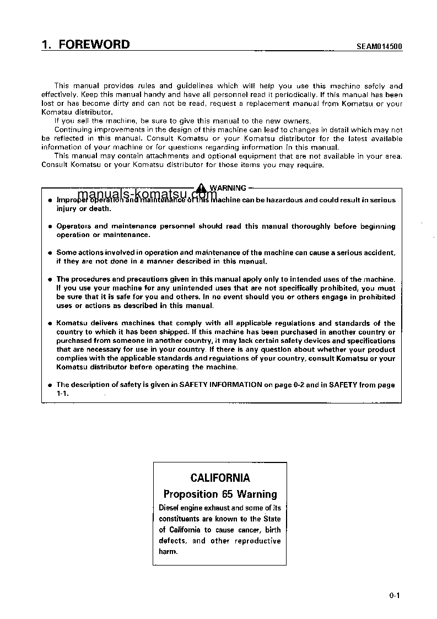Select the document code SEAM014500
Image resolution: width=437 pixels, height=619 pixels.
click(376, 47)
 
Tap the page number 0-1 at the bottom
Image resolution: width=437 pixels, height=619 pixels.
click(393, 595)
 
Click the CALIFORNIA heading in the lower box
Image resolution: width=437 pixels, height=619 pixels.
click(220, 478)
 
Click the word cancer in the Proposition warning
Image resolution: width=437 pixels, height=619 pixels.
click(249, 530)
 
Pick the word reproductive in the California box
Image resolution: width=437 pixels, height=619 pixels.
click(258, 541)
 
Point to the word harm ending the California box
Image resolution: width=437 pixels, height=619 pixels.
click(168, 552)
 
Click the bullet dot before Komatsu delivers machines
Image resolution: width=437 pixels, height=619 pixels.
click(50, 324)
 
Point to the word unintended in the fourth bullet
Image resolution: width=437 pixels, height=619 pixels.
click(164, 288)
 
